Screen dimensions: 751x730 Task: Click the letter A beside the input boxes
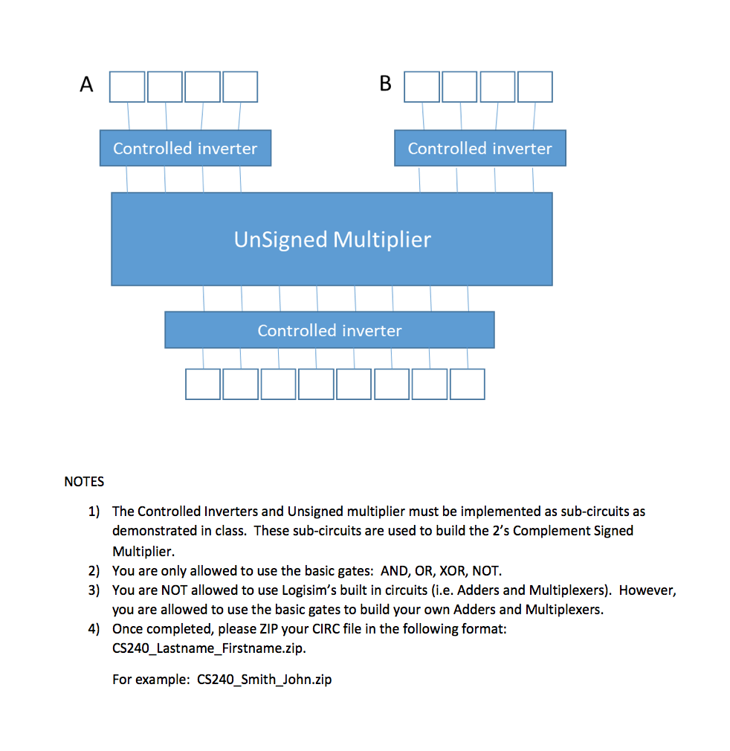coord(87,85)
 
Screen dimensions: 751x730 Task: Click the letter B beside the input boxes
coord(385,84)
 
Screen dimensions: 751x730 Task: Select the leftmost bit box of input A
coord(127,86)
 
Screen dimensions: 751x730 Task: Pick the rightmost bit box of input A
coord(240,86)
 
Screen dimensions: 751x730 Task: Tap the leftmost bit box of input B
coord(421,86)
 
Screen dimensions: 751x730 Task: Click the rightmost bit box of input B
coord(535,86)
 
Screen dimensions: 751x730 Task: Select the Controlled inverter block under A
coord(185,148)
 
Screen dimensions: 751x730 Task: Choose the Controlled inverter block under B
coord(479,148)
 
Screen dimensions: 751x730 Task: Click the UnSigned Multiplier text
coord(332,239)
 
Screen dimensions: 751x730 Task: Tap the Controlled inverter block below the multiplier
coord(329,330)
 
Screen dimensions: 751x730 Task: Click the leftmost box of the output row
coord(203,384)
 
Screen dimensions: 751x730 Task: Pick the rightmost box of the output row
coord(467,384)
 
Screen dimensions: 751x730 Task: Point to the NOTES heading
coord(84,482)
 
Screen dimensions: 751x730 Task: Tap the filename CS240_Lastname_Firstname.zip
coord(208,648)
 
